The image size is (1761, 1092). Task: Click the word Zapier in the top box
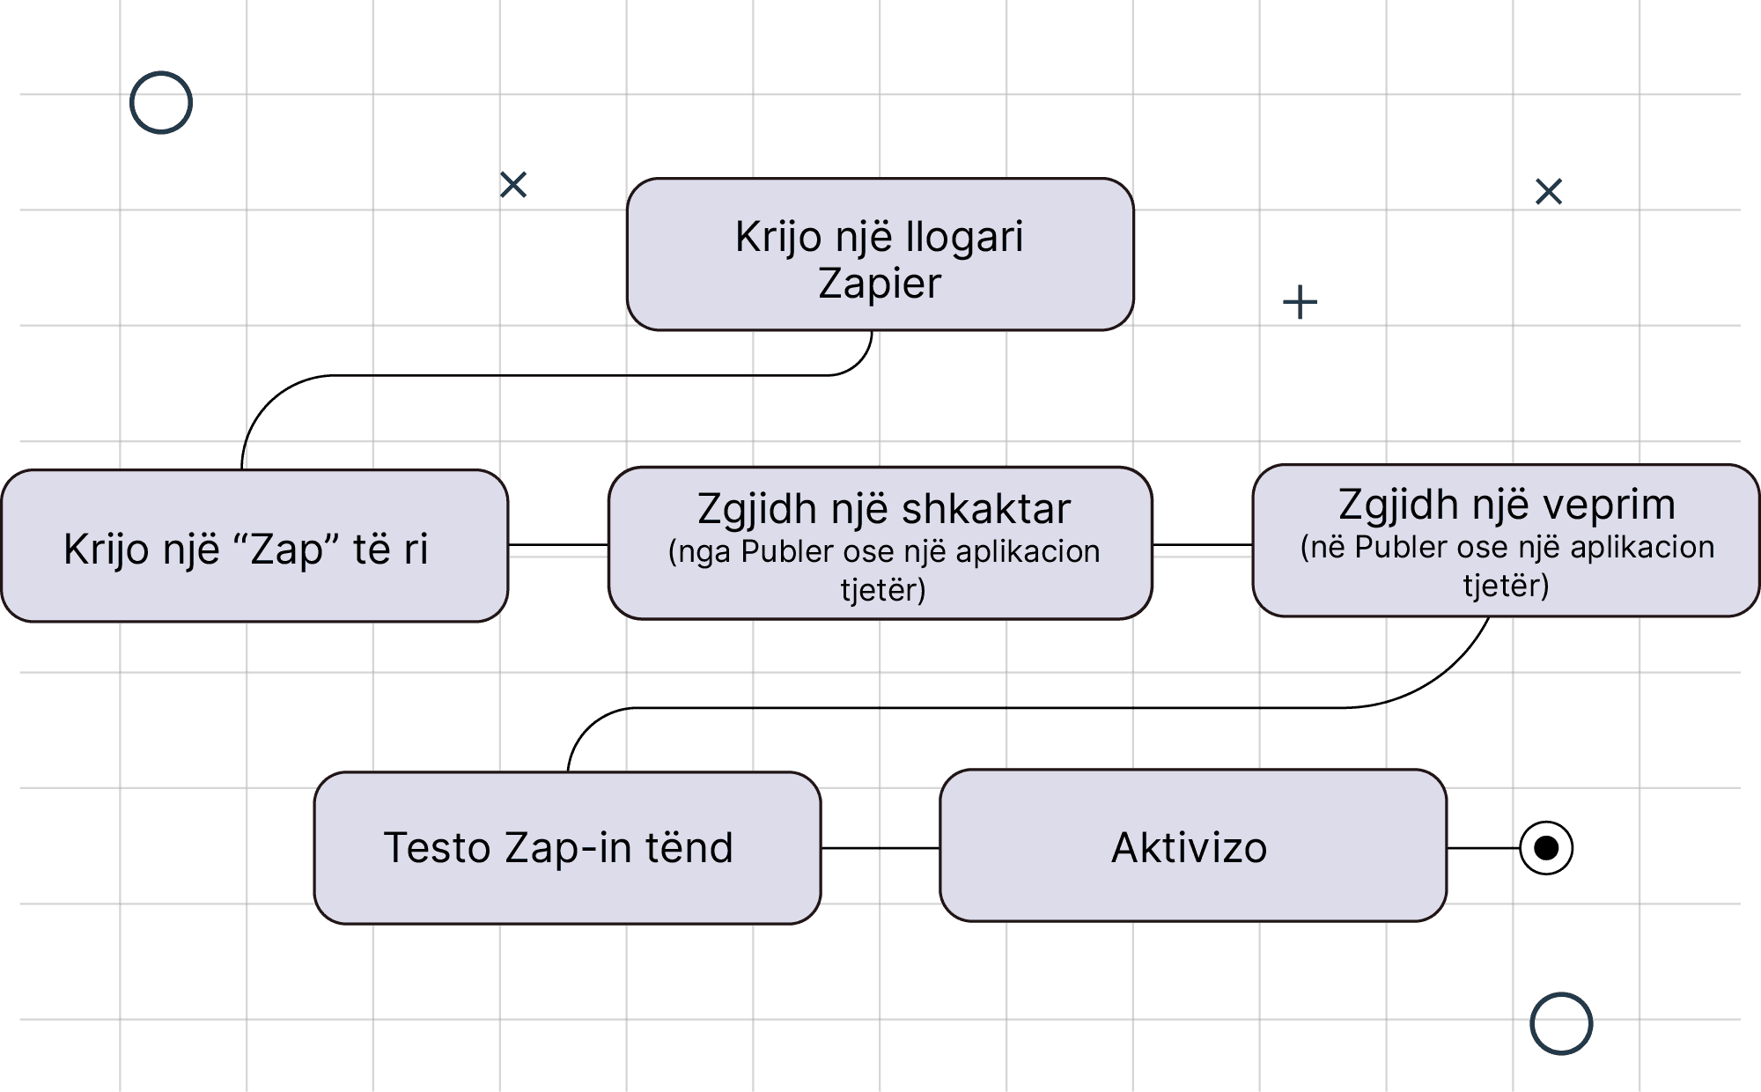click(880, 284)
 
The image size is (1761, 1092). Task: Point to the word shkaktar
click(986, 509)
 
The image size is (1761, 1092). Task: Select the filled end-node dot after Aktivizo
click(1546, 847)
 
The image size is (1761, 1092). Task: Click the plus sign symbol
click(1300, 303)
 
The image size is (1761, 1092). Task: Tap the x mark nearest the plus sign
click(1548, 192)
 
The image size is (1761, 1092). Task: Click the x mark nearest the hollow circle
click(513, 185)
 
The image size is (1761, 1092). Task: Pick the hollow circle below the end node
click(1561, 1023)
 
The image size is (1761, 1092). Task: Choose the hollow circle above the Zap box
click(161, 103)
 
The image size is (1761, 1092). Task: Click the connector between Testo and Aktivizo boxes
click(880, 848)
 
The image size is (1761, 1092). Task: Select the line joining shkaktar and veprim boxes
click(1202, 545)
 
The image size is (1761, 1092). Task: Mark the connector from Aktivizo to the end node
click(1483, 848)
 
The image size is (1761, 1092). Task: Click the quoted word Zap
click(288, 550)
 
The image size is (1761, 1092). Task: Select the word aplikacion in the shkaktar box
click(1028, 552)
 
